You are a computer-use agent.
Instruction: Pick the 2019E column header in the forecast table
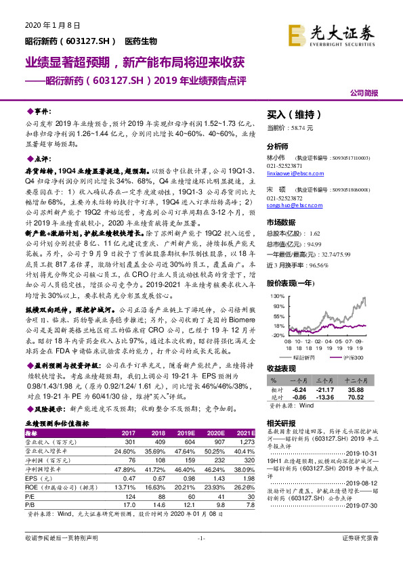point(184,432)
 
